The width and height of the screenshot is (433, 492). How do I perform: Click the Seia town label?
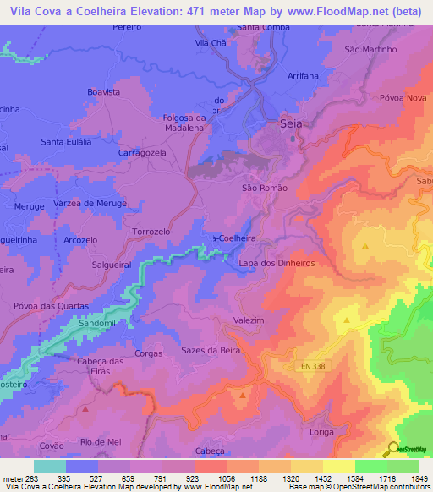click(x=291, y=124)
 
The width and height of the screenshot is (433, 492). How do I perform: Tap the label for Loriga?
click(x=327, y=429)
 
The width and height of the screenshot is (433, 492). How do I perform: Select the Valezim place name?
click(x=249, y=320)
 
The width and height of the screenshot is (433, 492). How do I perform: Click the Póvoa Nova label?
click(x=403, y=98)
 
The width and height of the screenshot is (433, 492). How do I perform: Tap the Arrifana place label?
click(x=303, y=75)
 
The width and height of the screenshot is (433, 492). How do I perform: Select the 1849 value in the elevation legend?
click(x=419, y=478)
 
